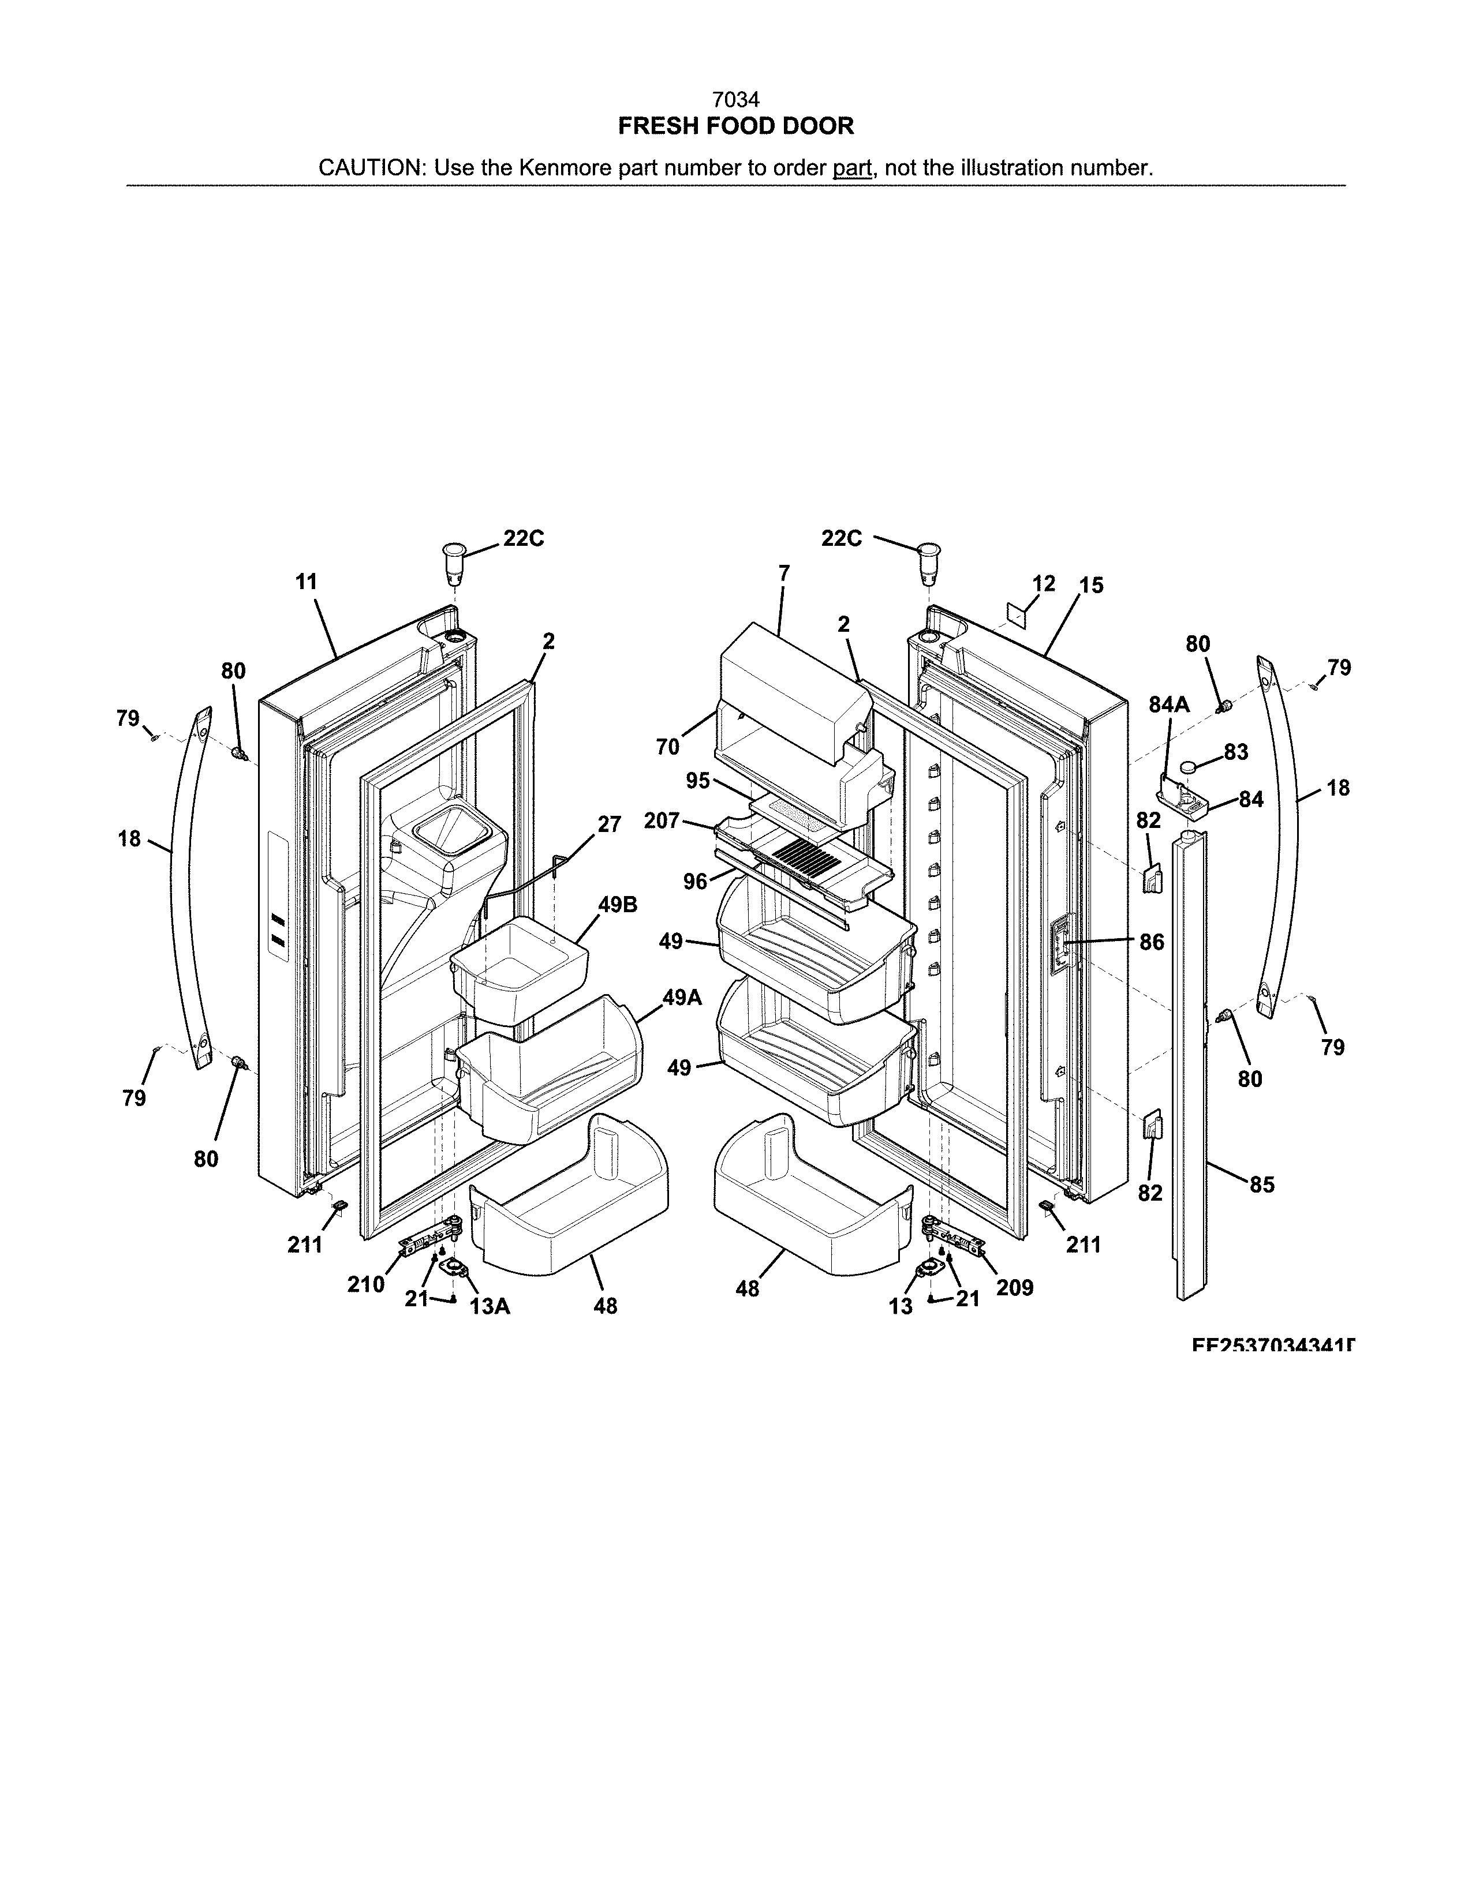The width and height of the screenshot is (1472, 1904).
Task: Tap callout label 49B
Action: point(618,905)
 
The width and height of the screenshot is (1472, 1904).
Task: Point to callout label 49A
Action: point(682,998)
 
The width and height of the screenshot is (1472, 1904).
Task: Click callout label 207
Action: point(662,820)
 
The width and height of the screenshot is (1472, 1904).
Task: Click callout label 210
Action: point(365,1284)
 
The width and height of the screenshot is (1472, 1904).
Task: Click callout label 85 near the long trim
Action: point(1262,1184)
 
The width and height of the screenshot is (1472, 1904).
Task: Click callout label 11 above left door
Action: point(306,582)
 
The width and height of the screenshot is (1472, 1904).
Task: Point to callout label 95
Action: point(698,780)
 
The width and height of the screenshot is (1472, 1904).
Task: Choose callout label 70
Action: point(667,747)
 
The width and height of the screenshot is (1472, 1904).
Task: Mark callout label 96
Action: point(695,882)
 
